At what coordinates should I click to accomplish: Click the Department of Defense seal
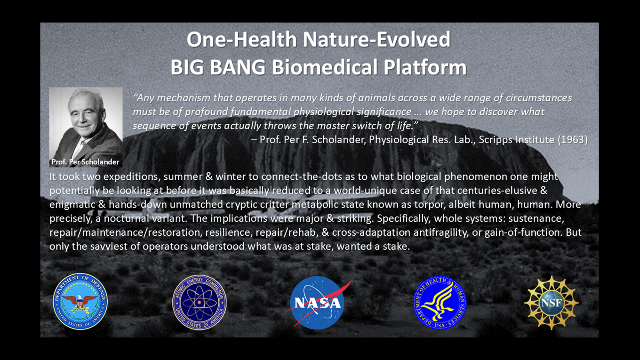pos(80,302)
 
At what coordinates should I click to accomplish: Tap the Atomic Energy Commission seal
pos(199,302)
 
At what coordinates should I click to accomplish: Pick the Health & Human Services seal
pos(440,303)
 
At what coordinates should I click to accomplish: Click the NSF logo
pos(552,303)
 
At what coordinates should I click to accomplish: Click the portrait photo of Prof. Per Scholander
pos(86,127)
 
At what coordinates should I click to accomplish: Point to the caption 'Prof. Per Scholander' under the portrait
pos(85,162)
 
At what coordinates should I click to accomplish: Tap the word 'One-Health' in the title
pos(242,40)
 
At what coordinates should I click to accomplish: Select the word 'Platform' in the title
pos(425,67)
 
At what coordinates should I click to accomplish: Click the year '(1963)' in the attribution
pos(573,140)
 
